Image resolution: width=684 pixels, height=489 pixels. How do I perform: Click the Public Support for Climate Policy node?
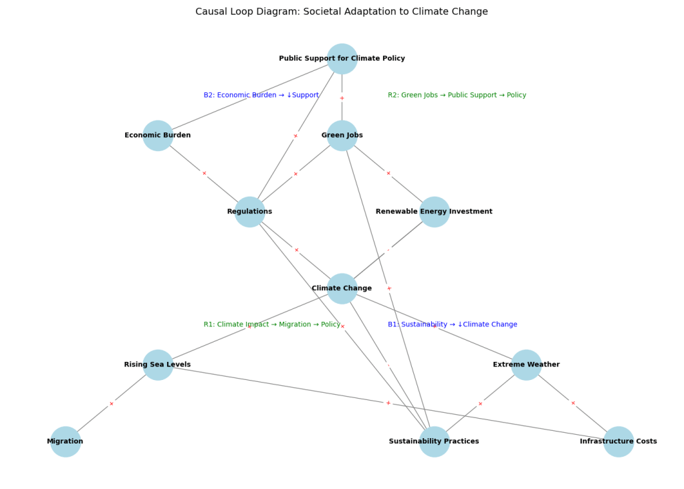tap(342, 59)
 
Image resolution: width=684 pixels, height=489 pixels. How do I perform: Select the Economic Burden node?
tap(158, 136)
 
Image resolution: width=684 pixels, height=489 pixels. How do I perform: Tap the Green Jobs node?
tap(342, 136)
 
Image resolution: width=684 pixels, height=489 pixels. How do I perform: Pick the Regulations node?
tap(249, 212)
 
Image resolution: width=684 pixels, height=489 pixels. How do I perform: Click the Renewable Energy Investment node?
tap(434, 212)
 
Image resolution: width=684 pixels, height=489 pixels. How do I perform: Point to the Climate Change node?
tap(342, 288)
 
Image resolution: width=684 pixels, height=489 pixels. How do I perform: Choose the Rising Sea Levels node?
tap(158, 365)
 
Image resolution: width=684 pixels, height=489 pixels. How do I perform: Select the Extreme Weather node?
tap(526, 365)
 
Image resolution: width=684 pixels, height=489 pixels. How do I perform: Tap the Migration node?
tap(66, 442)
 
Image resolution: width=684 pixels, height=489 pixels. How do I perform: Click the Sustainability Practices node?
tap(434, 442)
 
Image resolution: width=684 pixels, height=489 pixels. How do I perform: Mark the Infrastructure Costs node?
tap(618, 442)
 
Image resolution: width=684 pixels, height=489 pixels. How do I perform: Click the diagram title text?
tap(342, 12)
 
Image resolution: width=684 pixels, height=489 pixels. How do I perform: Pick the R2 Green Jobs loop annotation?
tap(457, 95)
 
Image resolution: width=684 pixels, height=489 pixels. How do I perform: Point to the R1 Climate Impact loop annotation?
tap(272, 324)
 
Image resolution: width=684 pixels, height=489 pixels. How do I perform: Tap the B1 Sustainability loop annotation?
tap(452, 324)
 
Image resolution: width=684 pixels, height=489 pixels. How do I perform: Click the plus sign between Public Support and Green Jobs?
tap(342, 98)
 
